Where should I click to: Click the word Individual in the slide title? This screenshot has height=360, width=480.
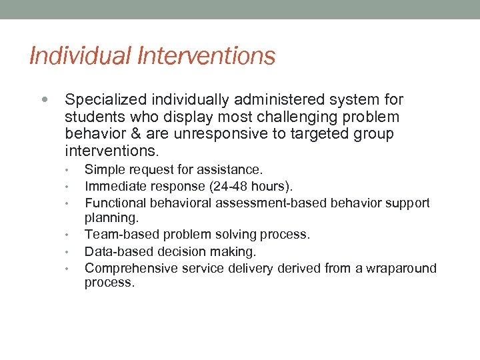tap(80, 57)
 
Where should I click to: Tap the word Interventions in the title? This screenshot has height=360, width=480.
tap(207, 57)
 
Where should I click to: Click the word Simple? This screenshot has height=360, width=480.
tap(103, 170)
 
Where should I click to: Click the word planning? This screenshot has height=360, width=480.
tap(111, 218)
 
